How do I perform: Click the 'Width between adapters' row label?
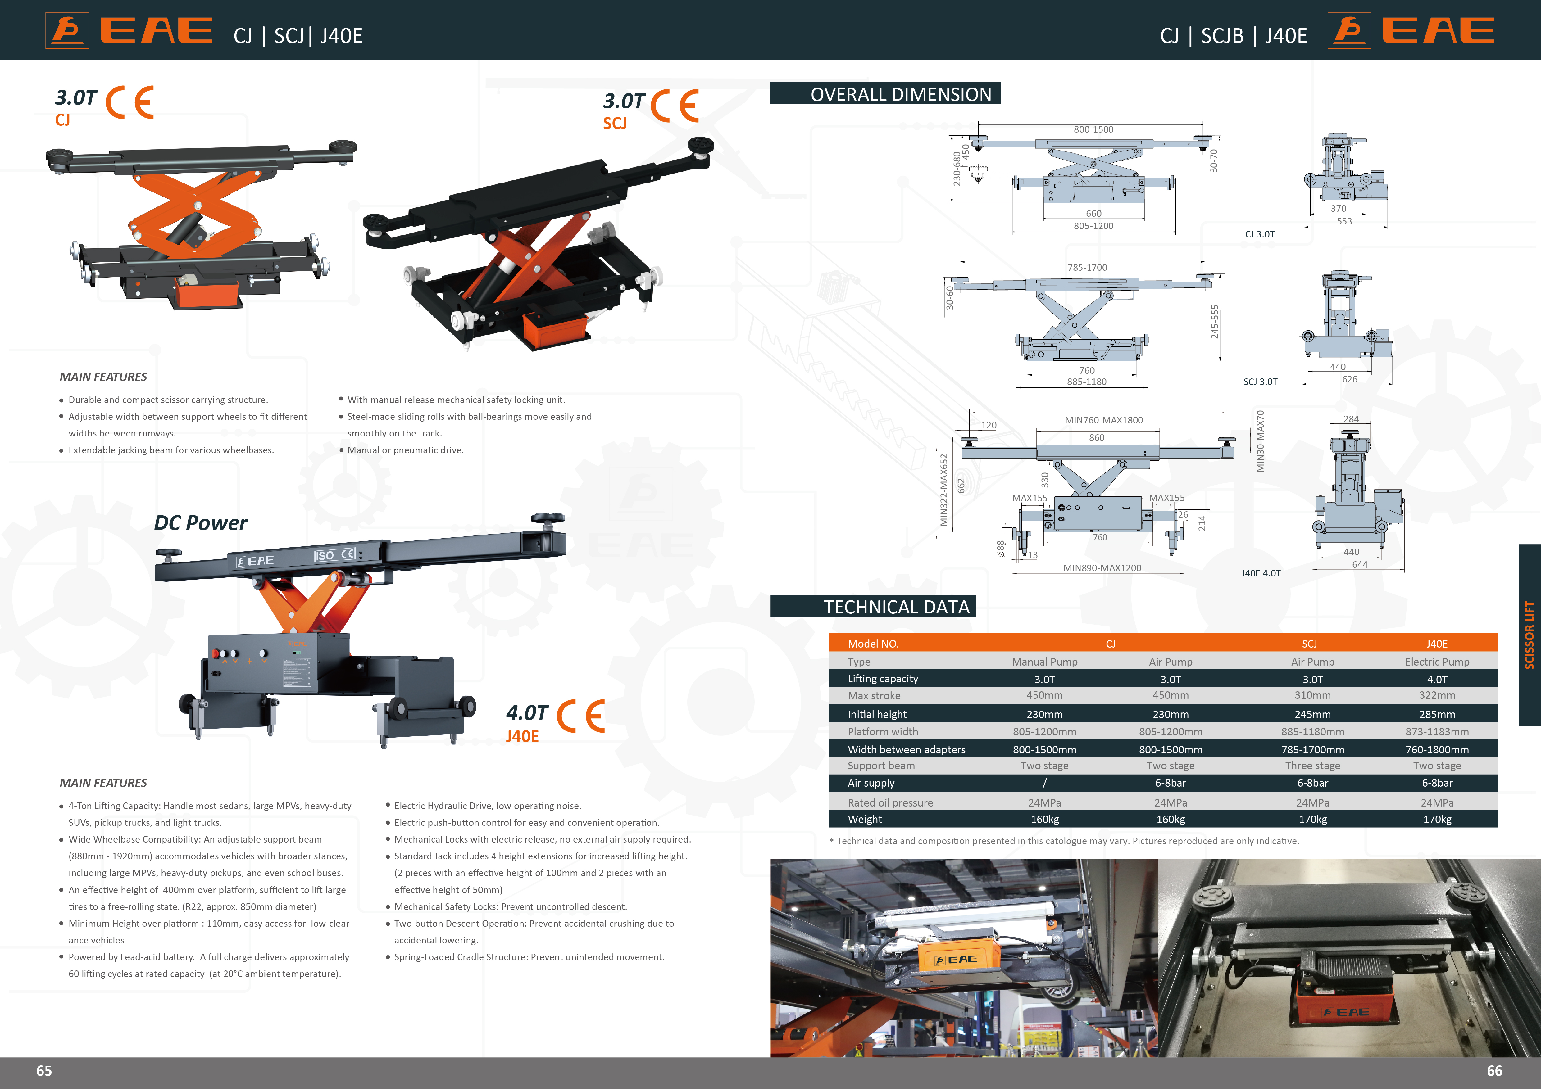[906, 749]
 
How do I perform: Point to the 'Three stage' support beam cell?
[1312, 766]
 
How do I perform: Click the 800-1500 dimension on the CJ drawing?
[1093, 129]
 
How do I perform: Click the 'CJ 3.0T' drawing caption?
[1260, 234]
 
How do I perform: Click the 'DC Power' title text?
[201, 523]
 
